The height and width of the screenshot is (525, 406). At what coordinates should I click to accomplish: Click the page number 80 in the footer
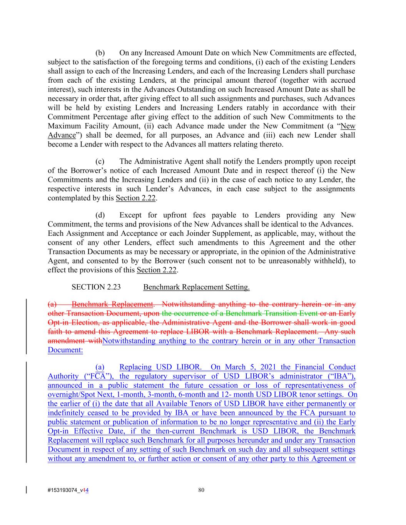201,490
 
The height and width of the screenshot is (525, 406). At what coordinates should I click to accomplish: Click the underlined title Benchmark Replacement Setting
196,287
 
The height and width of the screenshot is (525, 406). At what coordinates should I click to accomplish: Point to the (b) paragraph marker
100,53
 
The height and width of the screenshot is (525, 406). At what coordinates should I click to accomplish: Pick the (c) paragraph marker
100,162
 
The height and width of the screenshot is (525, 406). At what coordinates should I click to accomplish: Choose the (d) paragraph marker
100,215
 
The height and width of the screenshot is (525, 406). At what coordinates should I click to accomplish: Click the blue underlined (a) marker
100,367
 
